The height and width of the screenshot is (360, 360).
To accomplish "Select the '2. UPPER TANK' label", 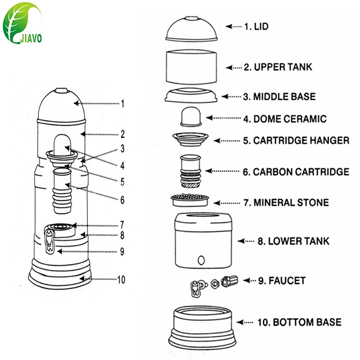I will [x=277, y=67].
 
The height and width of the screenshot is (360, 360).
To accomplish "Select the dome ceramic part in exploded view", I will [x=191, y=118].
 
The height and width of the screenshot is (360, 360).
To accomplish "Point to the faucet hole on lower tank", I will [x=202, y=261].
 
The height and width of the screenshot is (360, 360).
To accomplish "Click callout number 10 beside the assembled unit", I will [x=121, y=279].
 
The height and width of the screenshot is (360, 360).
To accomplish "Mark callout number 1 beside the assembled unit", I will [x=122, y=104].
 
